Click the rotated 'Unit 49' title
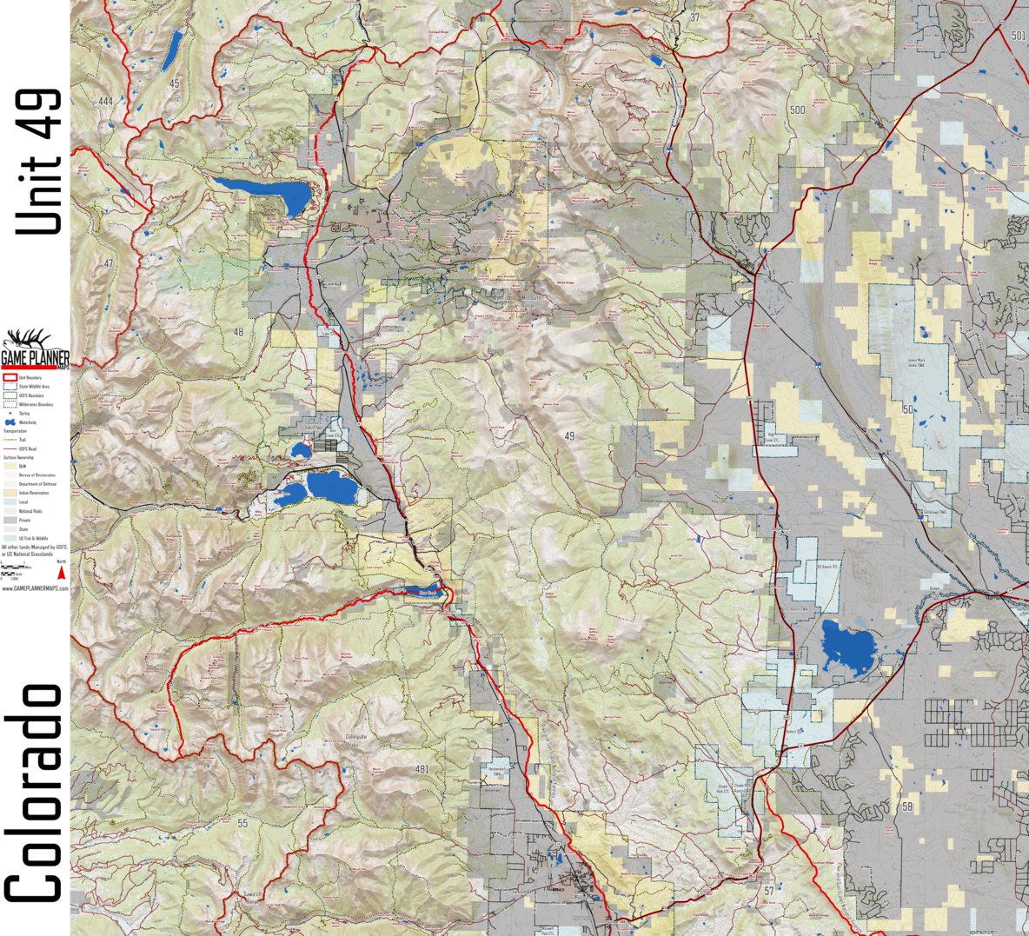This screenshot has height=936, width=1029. click(39, 161)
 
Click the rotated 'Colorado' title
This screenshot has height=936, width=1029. click(35, 793)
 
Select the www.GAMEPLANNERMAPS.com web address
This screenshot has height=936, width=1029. click(35, 588)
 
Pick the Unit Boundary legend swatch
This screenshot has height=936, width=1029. click(10, 378)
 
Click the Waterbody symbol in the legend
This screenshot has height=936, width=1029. click(10, 422)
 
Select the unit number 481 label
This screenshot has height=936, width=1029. click(422, 769)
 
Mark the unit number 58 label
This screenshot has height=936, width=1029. click(907, 807)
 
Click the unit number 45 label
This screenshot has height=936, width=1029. click(175, 83)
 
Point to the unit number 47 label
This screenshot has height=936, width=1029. click(108, 262)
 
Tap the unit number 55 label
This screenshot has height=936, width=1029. click(242, 822)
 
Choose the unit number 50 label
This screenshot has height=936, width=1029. click(908, 408)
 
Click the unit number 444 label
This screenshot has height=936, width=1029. click(105, 102)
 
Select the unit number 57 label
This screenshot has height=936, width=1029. click(768, 891)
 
